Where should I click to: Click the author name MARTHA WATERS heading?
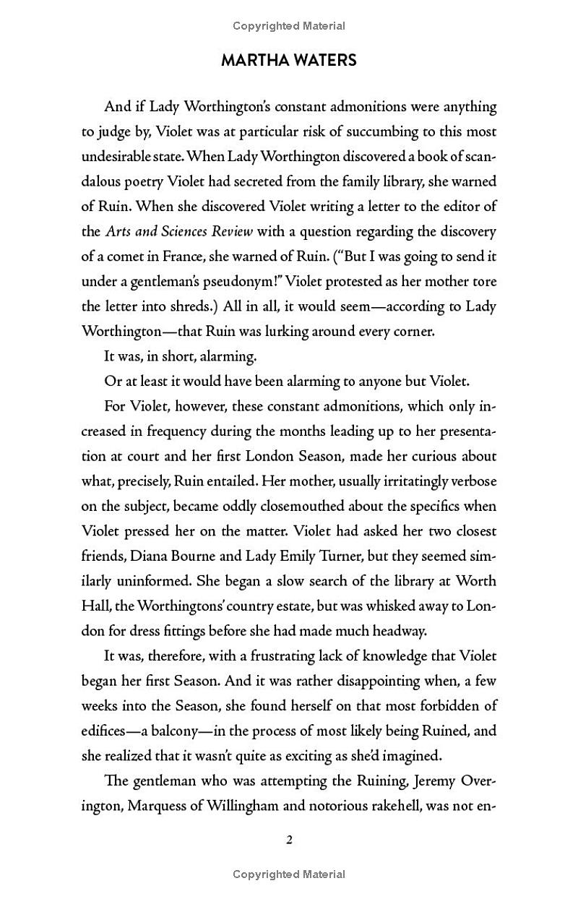(288, 61)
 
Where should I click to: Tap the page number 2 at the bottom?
(289, 840)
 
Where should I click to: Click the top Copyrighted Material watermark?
(289, 26)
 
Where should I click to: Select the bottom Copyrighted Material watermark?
(289, 874)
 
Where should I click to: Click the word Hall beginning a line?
(94, 606)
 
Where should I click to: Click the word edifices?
(106, 731)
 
